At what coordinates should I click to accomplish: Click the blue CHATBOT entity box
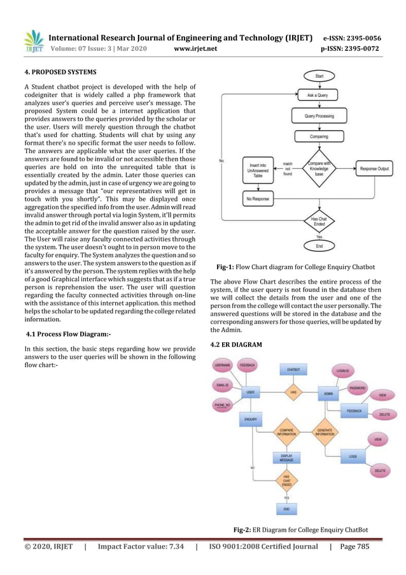point(293,369)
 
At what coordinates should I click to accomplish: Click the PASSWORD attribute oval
point(357,387)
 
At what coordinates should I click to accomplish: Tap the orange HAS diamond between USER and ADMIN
point(293,393)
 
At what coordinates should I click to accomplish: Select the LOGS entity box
point(352,456)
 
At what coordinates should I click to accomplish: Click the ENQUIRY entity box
point(251,419)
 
